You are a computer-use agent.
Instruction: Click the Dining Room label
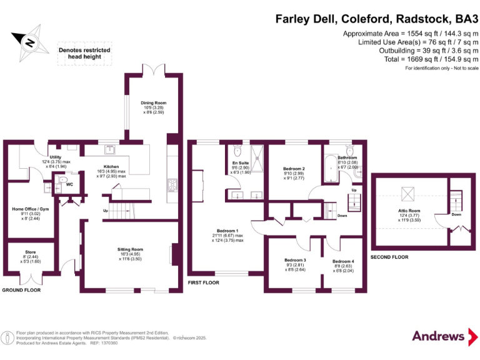[153, 103]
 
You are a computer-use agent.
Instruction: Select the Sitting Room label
[131, 249]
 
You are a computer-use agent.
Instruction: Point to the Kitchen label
[111, 166]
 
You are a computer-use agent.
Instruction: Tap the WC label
[69, 184]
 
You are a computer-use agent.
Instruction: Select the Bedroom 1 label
[227, 231]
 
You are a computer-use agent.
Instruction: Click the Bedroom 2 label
[294, 169]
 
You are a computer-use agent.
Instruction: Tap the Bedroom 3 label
[295, 260]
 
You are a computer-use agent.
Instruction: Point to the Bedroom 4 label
[343, 261]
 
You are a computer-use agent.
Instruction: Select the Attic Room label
[409, 212]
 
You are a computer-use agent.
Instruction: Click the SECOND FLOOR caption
[389, 257]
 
